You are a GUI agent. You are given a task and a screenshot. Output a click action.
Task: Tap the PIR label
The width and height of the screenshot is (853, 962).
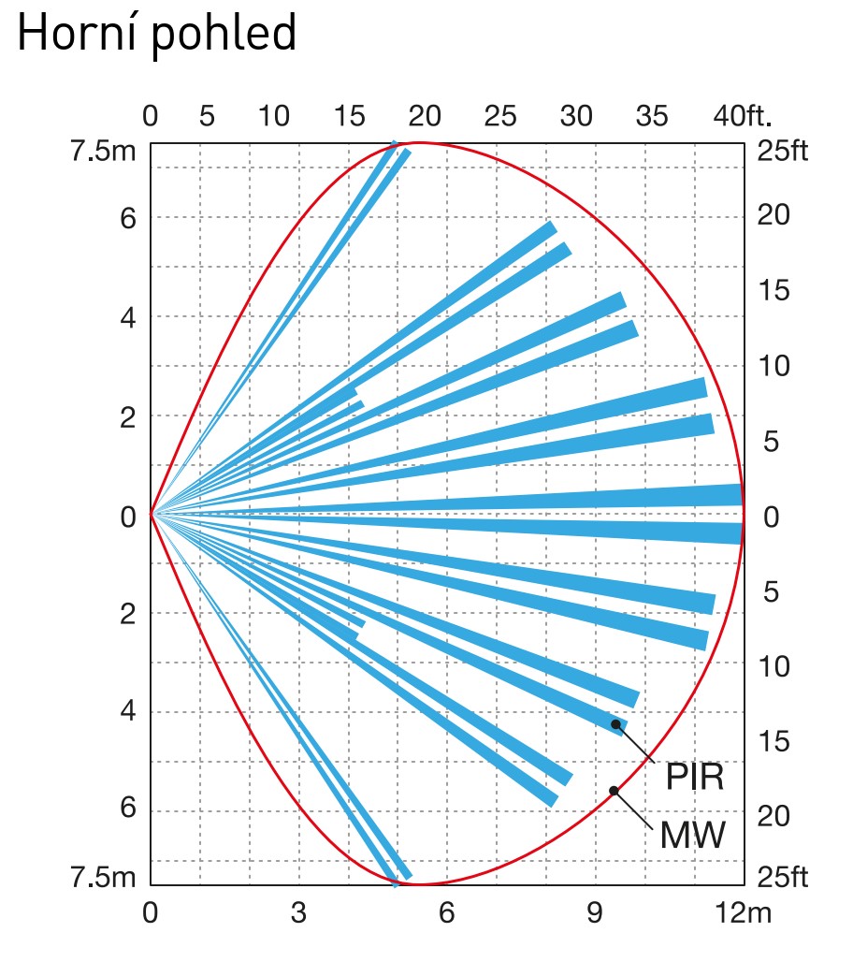[x=694, y=777]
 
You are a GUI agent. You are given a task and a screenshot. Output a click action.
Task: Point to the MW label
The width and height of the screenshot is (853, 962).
[x=692, y=836]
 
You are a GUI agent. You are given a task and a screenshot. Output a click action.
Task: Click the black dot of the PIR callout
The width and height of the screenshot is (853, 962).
[x=615, y=723]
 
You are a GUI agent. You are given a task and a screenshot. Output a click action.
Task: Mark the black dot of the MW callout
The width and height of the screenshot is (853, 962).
[x=614, y=791]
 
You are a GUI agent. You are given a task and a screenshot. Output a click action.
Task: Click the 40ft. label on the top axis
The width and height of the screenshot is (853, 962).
[x=743, y=117]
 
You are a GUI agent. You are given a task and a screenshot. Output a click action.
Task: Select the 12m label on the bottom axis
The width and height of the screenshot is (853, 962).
[x=745, y=913]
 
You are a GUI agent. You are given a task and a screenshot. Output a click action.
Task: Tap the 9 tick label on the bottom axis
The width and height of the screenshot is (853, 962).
[x=595, y=913]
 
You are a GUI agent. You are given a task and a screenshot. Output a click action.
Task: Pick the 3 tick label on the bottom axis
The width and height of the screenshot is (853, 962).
[x=297, y=913]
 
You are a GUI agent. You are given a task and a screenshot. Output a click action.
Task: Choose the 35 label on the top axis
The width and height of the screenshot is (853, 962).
[x=652, y=117]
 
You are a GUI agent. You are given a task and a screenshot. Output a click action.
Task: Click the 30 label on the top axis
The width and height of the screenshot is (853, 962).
[x=576, y=117]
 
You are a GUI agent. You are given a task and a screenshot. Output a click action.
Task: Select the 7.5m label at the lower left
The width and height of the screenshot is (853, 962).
[x=103, y=879]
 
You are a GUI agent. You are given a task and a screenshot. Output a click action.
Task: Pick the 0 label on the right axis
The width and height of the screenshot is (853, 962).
[x=771, y=517]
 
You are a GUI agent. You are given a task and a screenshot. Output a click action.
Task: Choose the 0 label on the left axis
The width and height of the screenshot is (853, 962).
[x=128, y=517]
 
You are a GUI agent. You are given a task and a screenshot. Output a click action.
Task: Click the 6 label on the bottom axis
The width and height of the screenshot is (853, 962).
[x=446, y=913]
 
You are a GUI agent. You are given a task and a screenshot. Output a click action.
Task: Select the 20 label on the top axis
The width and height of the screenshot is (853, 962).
[x=425, y=117]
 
